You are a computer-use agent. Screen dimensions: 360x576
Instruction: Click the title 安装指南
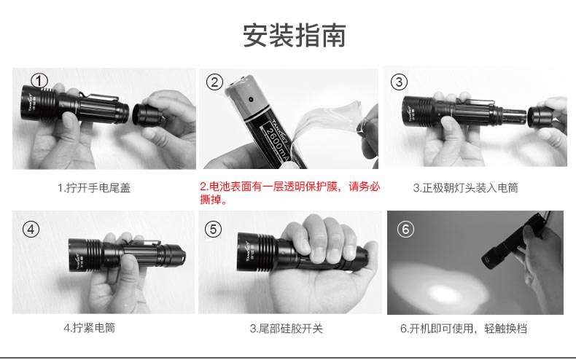295,36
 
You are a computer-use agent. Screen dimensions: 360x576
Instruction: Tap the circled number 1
39,80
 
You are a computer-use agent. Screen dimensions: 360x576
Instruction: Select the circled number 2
214,82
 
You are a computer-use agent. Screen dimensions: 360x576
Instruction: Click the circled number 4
31,229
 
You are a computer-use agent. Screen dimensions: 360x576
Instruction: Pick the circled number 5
213,229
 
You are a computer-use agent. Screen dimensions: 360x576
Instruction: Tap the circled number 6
407,229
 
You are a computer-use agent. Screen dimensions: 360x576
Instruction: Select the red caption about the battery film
289,192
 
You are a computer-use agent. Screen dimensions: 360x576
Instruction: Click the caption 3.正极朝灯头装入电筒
465,187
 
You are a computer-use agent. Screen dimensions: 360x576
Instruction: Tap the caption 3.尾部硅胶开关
286,328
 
